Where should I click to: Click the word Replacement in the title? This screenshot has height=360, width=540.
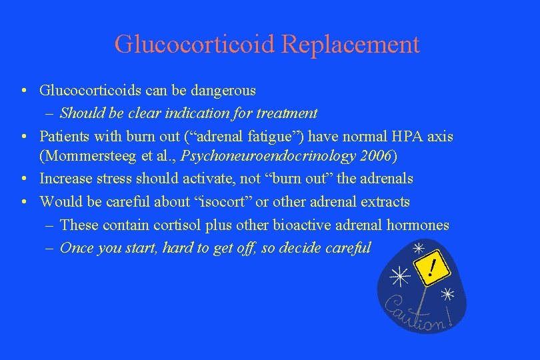coord(351,45)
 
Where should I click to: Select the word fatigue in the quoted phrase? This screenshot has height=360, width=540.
coord(259,137)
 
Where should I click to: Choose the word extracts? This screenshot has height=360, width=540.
coord(386,201)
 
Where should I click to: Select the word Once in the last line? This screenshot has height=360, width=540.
coord(77,248)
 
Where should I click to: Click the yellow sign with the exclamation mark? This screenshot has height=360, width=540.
coord(432,269)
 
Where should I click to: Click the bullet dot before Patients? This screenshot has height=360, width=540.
coord(23,137)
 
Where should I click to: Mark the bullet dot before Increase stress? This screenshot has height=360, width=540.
coord(23,179)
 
